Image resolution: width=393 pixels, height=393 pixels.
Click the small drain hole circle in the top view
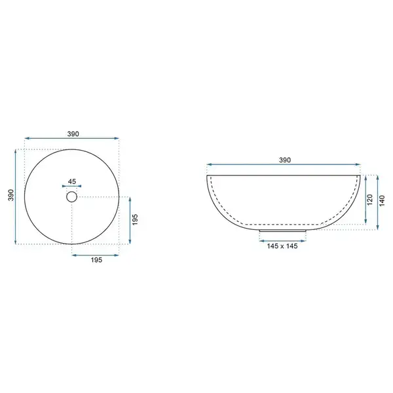point(71,192)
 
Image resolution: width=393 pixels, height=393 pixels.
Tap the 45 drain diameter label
point(72,181)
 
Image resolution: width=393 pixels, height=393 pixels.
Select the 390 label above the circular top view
point(73,134)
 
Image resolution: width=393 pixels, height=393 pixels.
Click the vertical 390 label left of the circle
point(10,195)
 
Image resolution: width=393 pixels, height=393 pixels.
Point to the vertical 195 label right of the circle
point(135,219)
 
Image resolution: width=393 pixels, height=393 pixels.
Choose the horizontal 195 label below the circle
point(96,260)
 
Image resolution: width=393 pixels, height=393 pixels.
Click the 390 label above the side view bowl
point(285,160)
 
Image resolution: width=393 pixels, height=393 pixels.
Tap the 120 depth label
point(370,200)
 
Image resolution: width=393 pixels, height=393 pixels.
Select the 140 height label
point(382,200)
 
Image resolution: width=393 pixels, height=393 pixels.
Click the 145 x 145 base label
point(282,246)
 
